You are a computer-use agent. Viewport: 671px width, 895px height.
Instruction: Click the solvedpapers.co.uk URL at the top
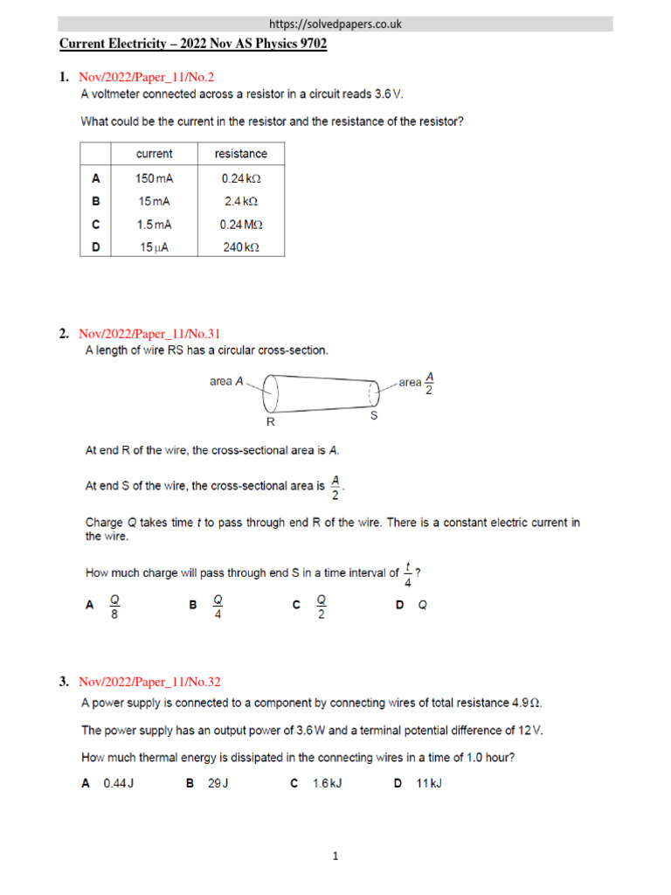[335, 24]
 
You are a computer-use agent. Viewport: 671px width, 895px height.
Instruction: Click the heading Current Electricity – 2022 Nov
[192, 44]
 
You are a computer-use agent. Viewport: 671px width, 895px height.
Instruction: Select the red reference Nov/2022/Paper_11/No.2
[140, 78]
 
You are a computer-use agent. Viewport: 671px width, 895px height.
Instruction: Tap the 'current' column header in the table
[155, 154]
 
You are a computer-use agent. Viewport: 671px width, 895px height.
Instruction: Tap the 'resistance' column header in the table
[241, 154]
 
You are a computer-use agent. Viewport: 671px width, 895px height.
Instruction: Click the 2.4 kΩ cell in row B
[241, 201]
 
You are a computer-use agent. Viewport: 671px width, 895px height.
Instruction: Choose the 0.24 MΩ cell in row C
[241, 225]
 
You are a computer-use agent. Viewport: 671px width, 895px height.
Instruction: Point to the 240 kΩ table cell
[241, 247]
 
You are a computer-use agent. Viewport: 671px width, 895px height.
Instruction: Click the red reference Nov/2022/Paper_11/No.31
[143, 333]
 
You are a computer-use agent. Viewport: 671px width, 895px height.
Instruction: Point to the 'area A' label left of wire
[226, 381]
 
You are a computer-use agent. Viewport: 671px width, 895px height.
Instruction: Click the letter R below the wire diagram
[270, 421]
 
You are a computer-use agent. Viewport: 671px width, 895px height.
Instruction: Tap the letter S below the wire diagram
[373, 416]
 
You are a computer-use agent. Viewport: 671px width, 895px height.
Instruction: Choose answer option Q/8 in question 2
[114, 605]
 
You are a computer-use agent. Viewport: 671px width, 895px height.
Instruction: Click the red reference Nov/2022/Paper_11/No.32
[143, 681]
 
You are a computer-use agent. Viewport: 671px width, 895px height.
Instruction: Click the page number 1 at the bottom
[335, 857]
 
